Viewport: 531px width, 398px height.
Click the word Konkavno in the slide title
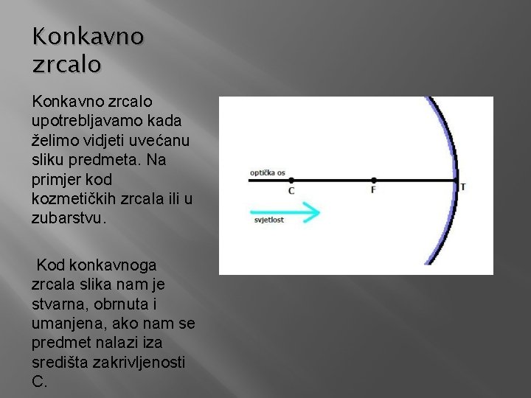[88, 36]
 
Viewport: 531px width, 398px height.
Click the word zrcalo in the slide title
[66, 64]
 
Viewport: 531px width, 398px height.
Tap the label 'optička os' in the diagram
[267, 172]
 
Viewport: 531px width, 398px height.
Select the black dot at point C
[291, 180]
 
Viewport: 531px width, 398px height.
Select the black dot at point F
[374, 180]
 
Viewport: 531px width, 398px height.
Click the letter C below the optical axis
[291, 191]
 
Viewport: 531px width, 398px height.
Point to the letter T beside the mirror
[462, 186]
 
